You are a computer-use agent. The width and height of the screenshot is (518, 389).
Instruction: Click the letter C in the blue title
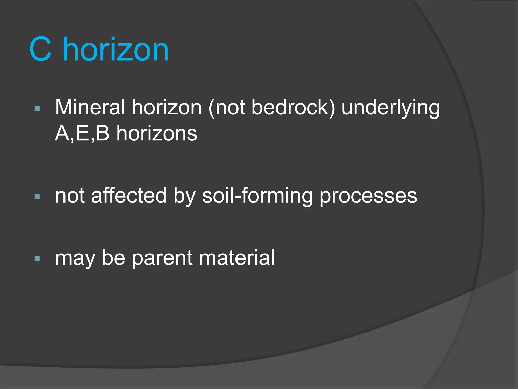pyautogui.click(x=41, y=49)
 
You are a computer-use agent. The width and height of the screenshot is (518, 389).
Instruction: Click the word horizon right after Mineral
pyautogui.click(x=167, y=107)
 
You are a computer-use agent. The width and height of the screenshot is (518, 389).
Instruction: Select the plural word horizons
pyautogui.click(x=157, y=133)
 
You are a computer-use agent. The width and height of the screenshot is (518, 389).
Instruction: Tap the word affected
pyautogui.click(x=129, y=196)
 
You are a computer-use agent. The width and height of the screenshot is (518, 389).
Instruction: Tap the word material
pyautogui.click(x=237, y=258)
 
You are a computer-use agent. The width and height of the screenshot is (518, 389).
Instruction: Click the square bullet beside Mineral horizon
pyautogui.click(x=37, y=109)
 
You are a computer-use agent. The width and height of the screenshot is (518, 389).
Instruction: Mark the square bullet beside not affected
pyautogui.click(x=37, y=196)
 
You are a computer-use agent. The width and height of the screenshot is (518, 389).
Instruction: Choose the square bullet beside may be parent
pyautogui.click(x=37, y=259)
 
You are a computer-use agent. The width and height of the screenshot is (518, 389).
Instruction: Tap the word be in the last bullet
pyautogui.click(x=114, y=258)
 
